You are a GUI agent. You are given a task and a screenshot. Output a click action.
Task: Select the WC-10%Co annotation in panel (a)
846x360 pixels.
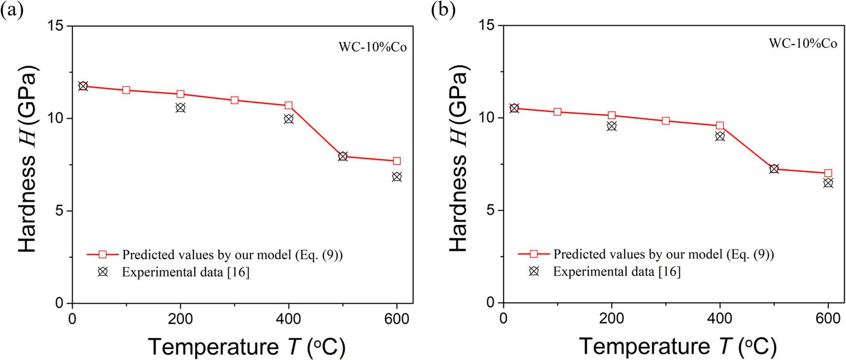point(372,47)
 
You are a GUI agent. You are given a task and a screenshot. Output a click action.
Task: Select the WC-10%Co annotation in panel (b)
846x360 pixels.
point(803,43)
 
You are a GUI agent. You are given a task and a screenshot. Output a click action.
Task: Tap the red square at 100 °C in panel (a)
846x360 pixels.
point(126,90)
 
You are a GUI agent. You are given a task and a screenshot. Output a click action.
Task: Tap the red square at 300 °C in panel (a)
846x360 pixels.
point(234,100)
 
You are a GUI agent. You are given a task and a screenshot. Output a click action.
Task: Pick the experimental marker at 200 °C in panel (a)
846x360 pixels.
point(180,107)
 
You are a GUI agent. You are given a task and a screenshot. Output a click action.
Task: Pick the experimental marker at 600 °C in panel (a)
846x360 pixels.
point(397,177)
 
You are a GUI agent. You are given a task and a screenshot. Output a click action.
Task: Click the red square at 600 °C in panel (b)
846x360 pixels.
point(828,173)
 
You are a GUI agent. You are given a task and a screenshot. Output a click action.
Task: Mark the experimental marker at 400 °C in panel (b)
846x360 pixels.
point(720,136)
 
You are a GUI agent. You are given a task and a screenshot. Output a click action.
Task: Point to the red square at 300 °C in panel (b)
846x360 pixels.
point(666,121)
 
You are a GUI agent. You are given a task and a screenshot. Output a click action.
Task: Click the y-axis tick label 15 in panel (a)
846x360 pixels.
point(57,26)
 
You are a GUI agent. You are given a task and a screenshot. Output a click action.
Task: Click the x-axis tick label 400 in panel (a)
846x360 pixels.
point(289,319)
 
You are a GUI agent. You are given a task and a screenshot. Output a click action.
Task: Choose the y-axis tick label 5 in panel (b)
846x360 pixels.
point(491,211)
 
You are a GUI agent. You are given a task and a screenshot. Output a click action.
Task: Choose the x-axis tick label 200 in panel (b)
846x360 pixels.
point(612,318)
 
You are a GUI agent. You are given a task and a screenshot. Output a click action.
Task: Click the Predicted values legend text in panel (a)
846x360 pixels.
point(232,255)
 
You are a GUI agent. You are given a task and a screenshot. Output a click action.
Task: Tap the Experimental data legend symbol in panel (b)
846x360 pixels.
point(534,271)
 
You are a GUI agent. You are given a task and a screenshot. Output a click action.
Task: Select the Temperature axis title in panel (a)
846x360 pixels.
point(247,347)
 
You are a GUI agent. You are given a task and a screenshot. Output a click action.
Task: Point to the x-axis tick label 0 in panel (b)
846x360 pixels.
point(503,318)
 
